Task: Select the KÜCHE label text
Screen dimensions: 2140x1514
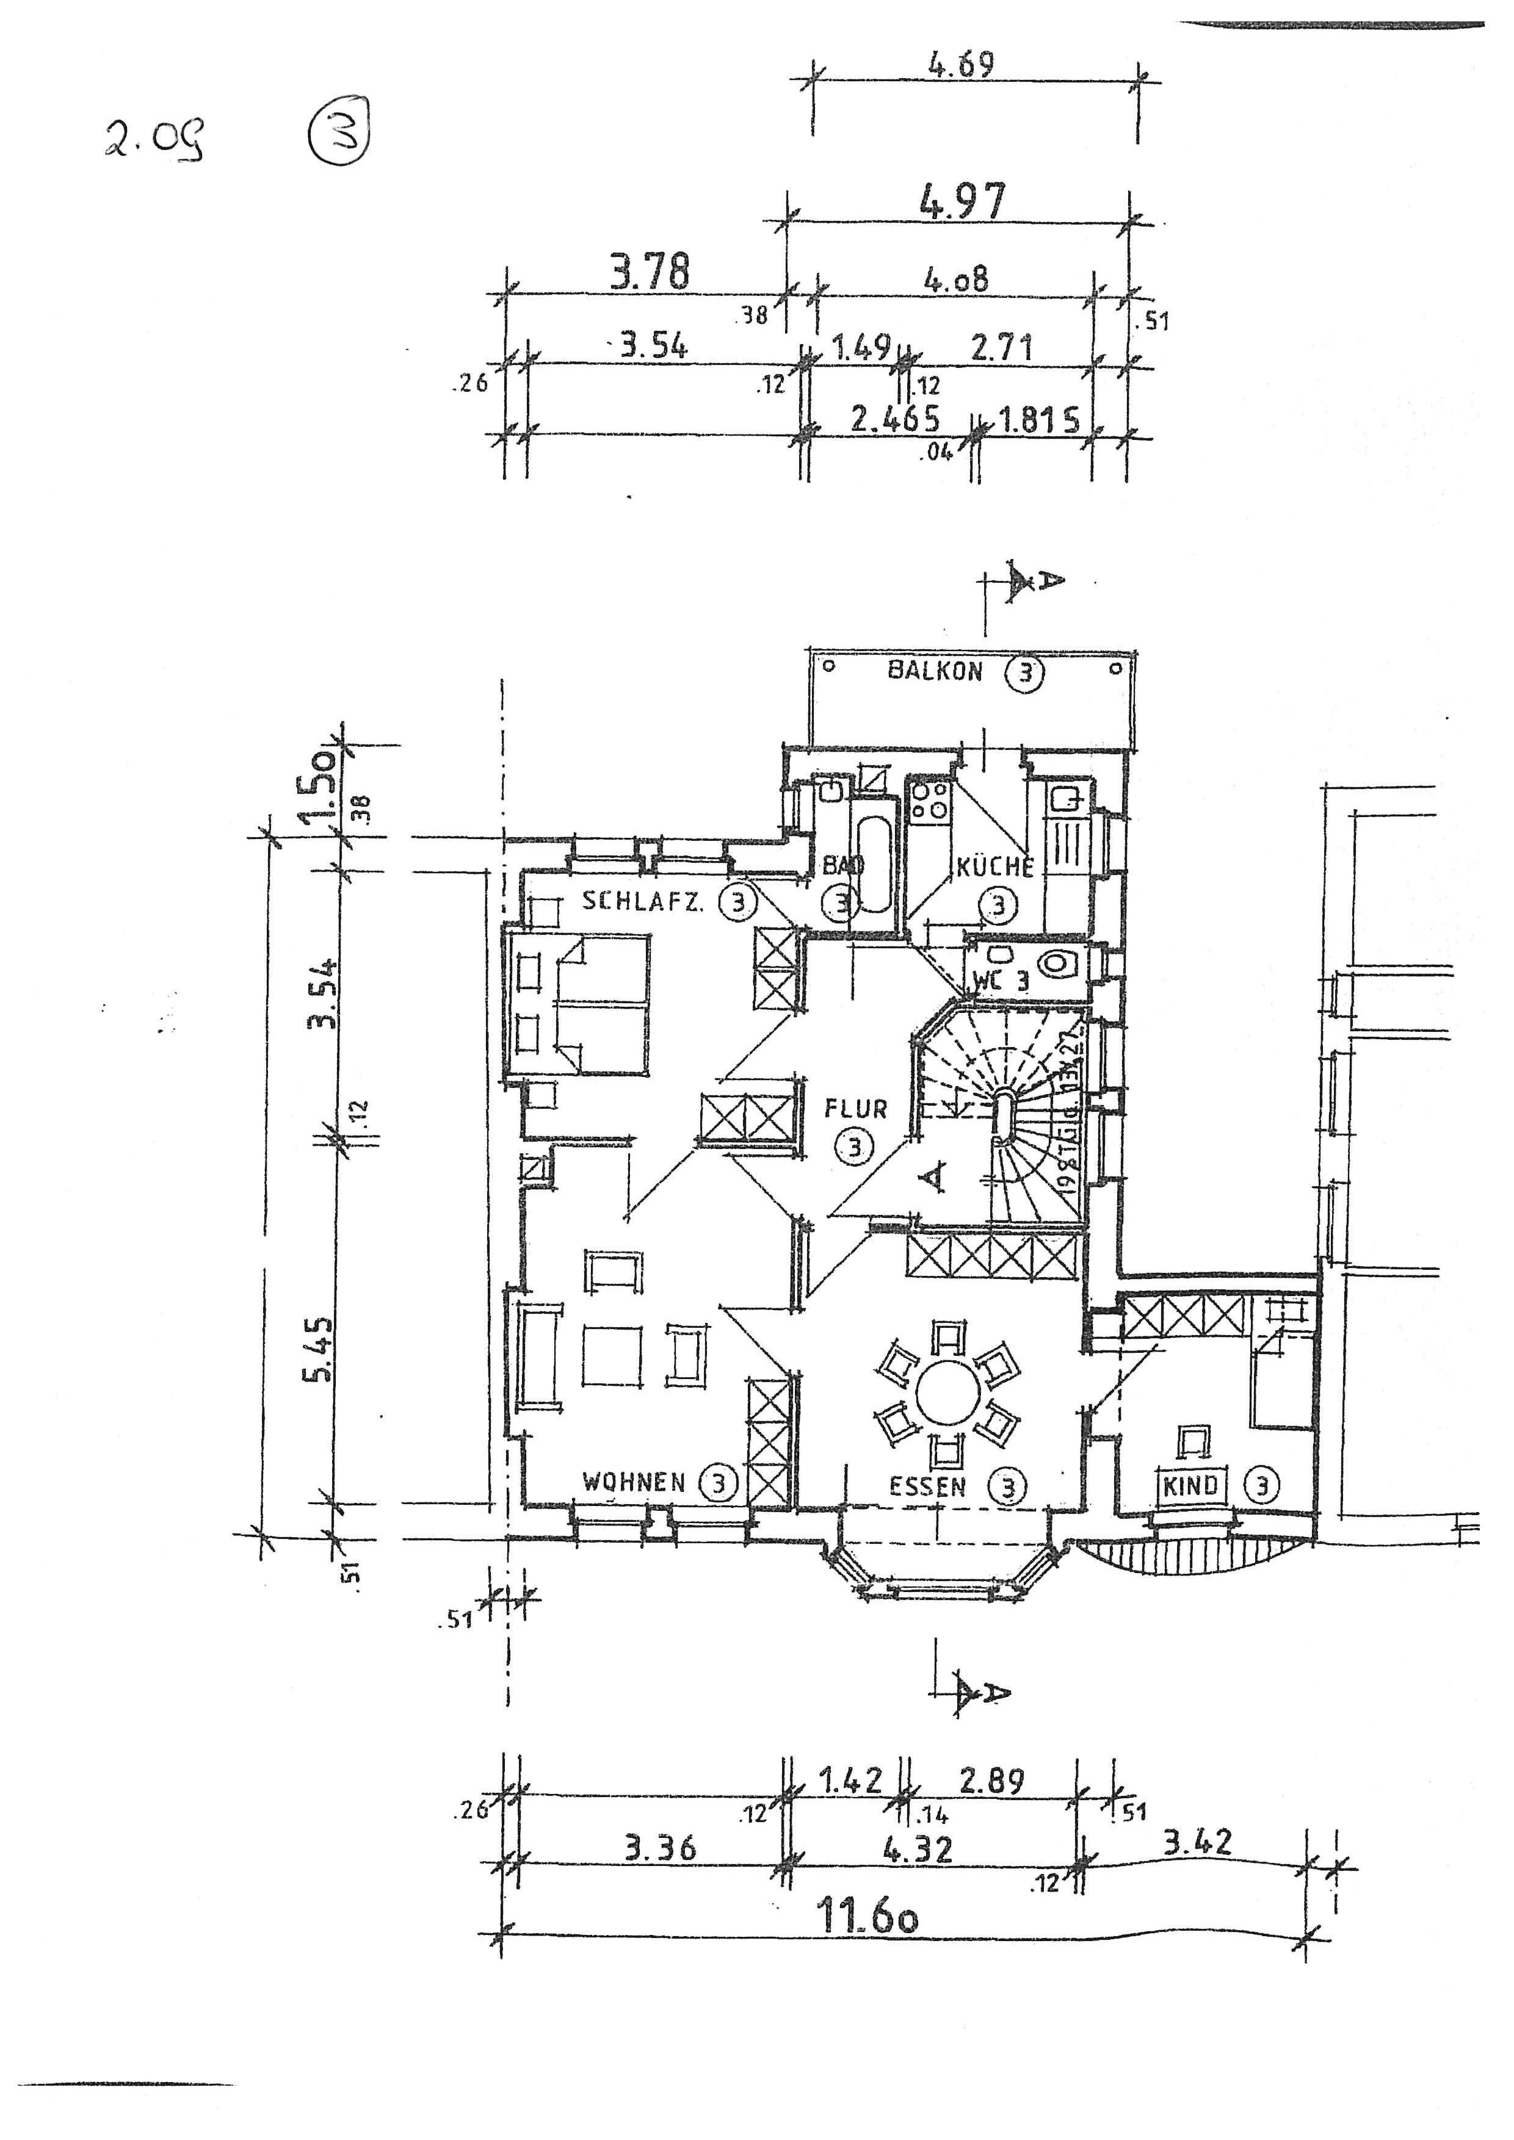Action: click(x=994, y=867)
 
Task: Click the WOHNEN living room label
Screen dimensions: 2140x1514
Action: click(x=633, y=1482)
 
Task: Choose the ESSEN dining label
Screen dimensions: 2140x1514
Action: click(x=927, y=1486)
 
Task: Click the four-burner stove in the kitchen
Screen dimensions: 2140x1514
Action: click(x=929, y=801)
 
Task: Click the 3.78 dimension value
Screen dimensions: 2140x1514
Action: click(x=650, y=272)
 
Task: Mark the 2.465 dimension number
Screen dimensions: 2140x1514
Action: click(x=894, y=419)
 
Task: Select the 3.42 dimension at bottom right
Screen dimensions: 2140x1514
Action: click(x=1197, y=1842)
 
